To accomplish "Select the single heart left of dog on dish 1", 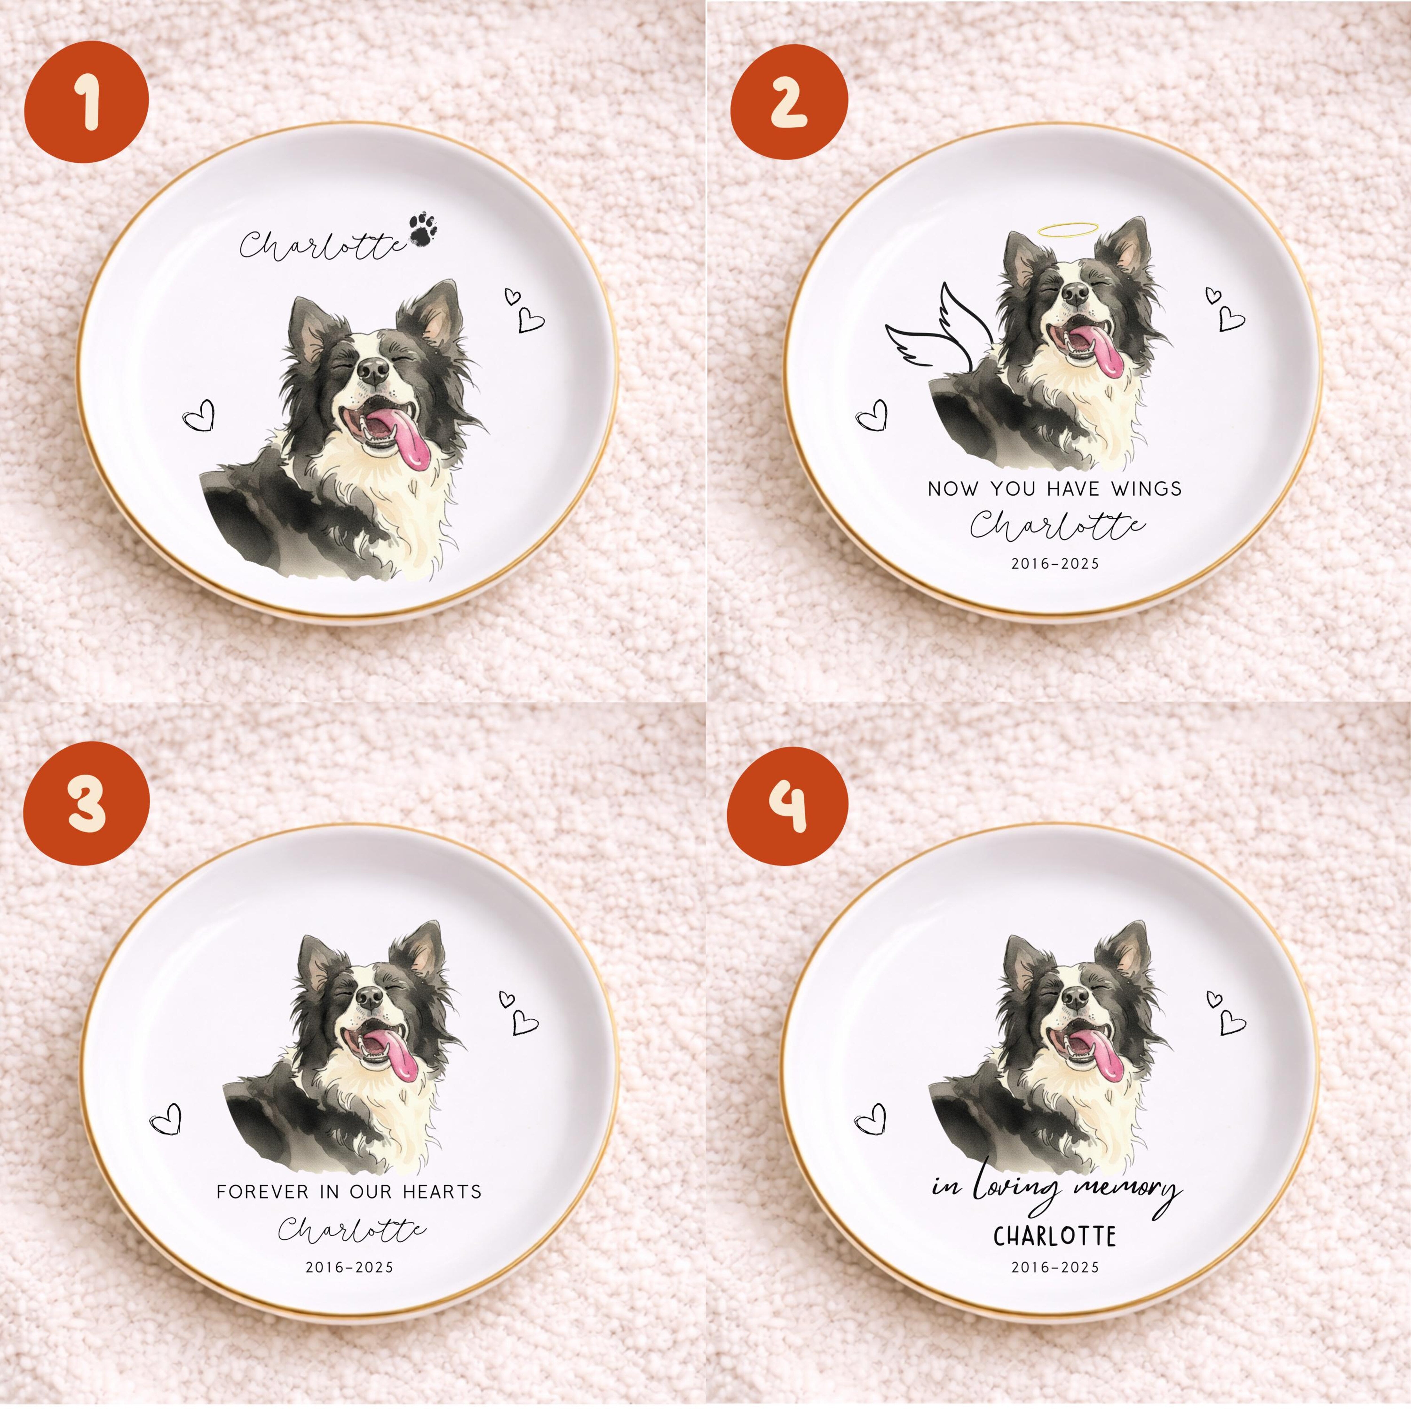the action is point(199,416).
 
